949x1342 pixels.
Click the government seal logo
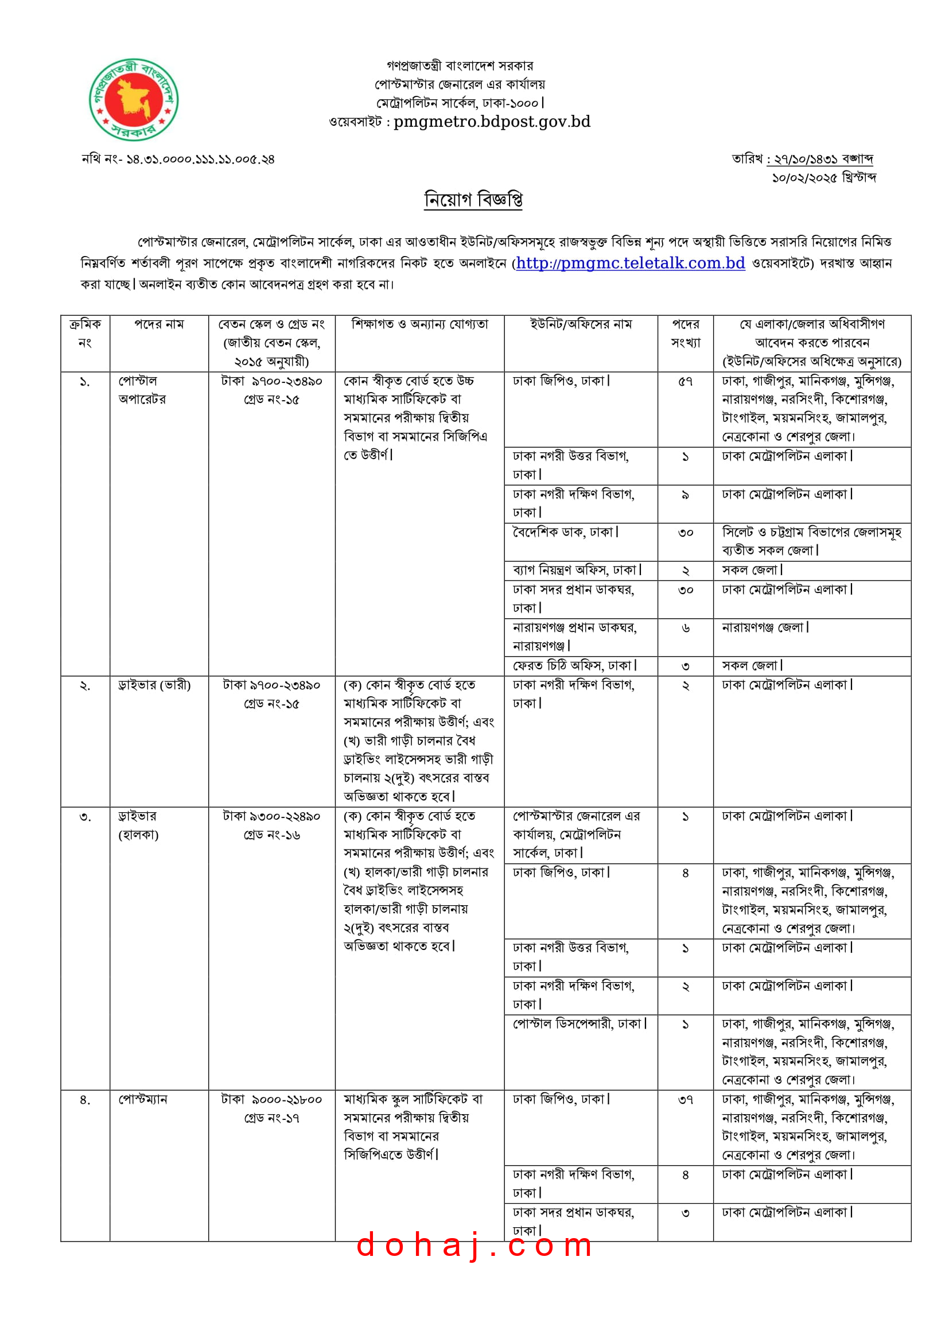pyautogui.click(x=133, y=100)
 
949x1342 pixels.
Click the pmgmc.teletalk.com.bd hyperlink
pyautogui.click(x=630, y=263)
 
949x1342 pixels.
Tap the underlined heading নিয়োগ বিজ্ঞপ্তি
pyautogui.click(x=473, y=200)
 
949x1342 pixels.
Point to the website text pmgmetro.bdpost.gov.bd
pyautogui.click(x=492, y=122)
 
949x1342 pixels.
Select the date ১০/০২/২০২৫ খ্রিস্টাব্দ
pyautogui.click(x=824, y=178)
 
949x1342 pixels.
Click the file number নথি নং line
pyautogui.click(x=178, y=159)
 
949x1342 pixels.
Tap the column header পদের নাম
pyautogui.click(x=159, y=324)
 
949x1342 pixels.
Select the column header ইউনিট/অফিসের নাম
pyautogui.click(x=581, y=324)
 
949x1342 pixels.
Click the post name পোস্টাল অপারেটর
pyautogui.click(x=142, y=390)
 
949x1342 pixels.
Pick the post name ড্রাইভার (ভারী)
pyautogui.click(x=154, y=685)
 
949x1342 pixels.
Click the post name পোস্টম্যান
pyautogui.click(x=143, y=1099)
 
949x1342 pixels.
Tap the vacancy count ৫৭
pyautogui.click(x=685, y=382)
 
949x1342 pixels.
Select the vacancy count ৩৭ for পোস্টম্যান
pyautogui.click(x=685, y=1100)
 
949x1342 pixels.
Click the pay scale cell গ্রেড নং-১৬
pyautogui.click(x=272, y=835)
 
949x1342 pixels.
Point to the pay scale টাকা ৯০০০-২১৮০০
pyautogui.click(x=272, y=1099)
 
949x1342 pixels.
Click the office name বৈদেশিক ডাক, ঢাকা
pyautogui.click(x=565, y=532)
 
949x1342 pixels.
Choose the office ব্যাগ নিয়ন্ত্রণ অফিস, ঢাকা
pyautogui.click(x=577, y=570)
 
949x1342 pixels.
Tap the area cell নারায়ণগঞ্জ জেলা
pyautogui.click(x=765, y=627)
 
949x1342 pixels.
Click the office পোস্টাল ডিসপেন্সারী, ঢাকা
pyautogui.click(x=579, y=1024)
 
